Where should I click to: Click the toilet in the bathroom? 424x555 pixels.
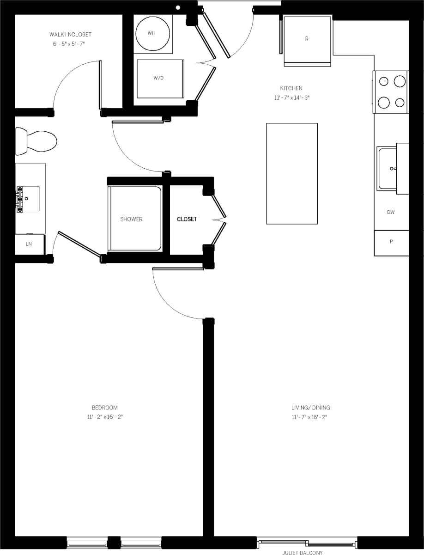pos(37,140)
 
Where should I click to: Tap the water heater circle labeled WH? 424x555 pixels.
pos(153,33)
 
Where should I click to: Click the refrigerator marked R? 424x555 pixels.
pos(307,40)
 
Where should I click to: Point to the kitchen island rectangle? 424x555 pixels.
pos(292,173)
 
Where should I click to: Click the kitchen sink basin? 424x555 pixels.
pos(388,168)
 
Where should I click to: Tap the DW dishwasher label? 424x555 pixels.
pos(391,213)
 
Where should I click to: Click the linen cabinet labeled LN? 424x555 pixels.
pos(29,244)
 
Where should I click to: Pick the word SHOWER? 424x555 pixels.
pos(132,219)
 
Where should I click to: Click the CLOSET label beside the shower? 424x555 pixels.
pos(187,219)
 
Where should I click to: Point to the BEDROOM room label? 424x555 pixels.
pos(105,408)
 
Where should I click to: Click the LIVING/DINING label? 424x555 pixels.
pos(310,408)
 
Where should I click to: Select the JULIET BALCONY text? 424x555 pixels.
pos(303,552)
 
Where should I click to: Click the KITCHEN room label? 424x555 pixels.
pos(291,88)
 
